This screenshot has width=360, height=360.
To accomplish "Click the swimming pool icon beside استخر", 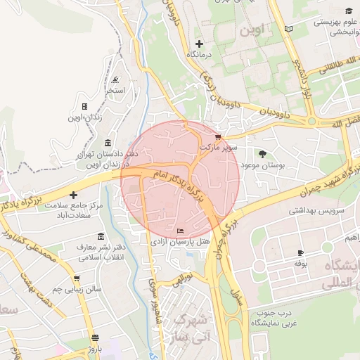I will point(115,79).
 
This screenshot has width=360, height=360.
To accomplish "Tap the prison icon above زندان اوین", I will point(84,107).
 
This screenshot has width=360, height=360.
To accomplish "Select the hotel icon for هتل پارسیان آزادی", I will point(181,231).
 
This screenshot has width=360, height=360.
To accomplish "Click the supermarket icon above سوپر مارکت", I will point(218,137).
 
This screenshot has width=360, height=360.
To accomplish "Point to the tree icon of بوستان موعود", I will point(263,153).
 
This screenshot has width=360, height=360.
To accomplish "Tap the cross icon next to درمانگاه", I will point(200,44).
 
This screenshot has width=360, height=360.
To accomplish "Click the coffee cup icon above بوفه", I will point(301,252).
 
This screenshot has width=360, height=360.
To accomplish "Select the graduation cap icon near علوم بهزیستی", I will point(349,11).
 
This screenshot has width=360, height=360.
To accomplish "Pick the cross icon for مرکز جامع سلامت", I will point(73,194).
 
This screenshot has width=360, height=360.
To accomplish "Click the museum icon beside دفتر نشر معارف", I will point(101,236).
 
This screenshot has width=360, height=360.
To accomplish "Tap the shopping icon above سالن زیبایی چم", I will point(77,278).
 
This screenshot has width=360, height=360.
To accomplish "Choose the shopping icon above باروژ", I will point(95,337).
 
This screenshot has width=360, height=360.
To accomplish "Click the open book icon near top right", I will point(288,29).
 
